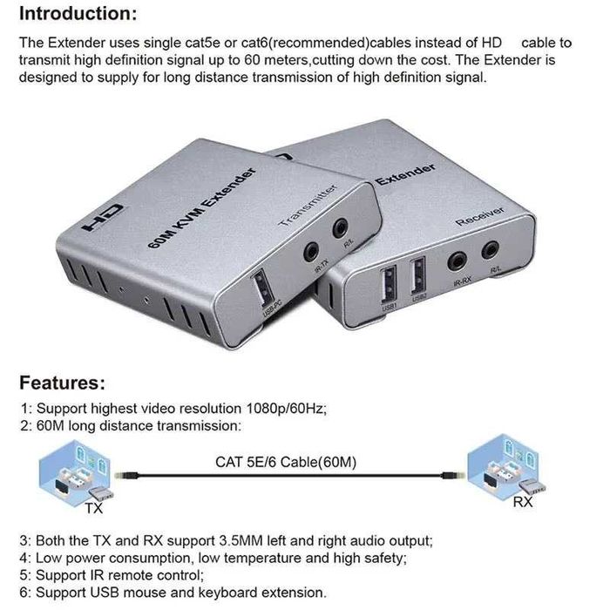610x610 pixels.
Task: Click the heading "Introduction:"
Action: point(78,14)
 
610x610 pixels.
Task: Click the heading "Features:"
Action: point(62,383)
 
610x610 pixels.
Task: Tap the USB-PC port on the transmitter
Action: point(260,289)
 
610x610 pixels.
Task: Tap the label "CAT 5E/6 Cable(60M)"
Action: point(286,462)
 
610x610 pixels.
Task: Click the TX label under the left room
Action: point(93,507)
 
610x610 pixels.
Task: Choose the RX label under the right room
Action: point(522,503)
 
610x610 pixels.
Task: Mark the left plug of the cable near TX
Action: point(129,476)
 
